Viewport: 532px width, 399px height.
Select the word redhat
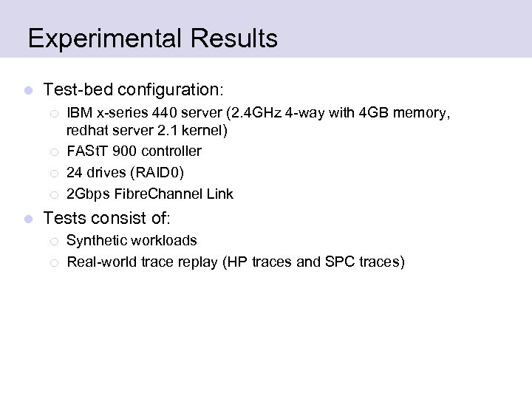point(87,131)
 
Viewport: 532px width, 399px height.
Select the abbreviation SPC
point(339,262)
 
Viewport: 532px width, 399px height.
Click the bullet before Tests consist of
point(28,218)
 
